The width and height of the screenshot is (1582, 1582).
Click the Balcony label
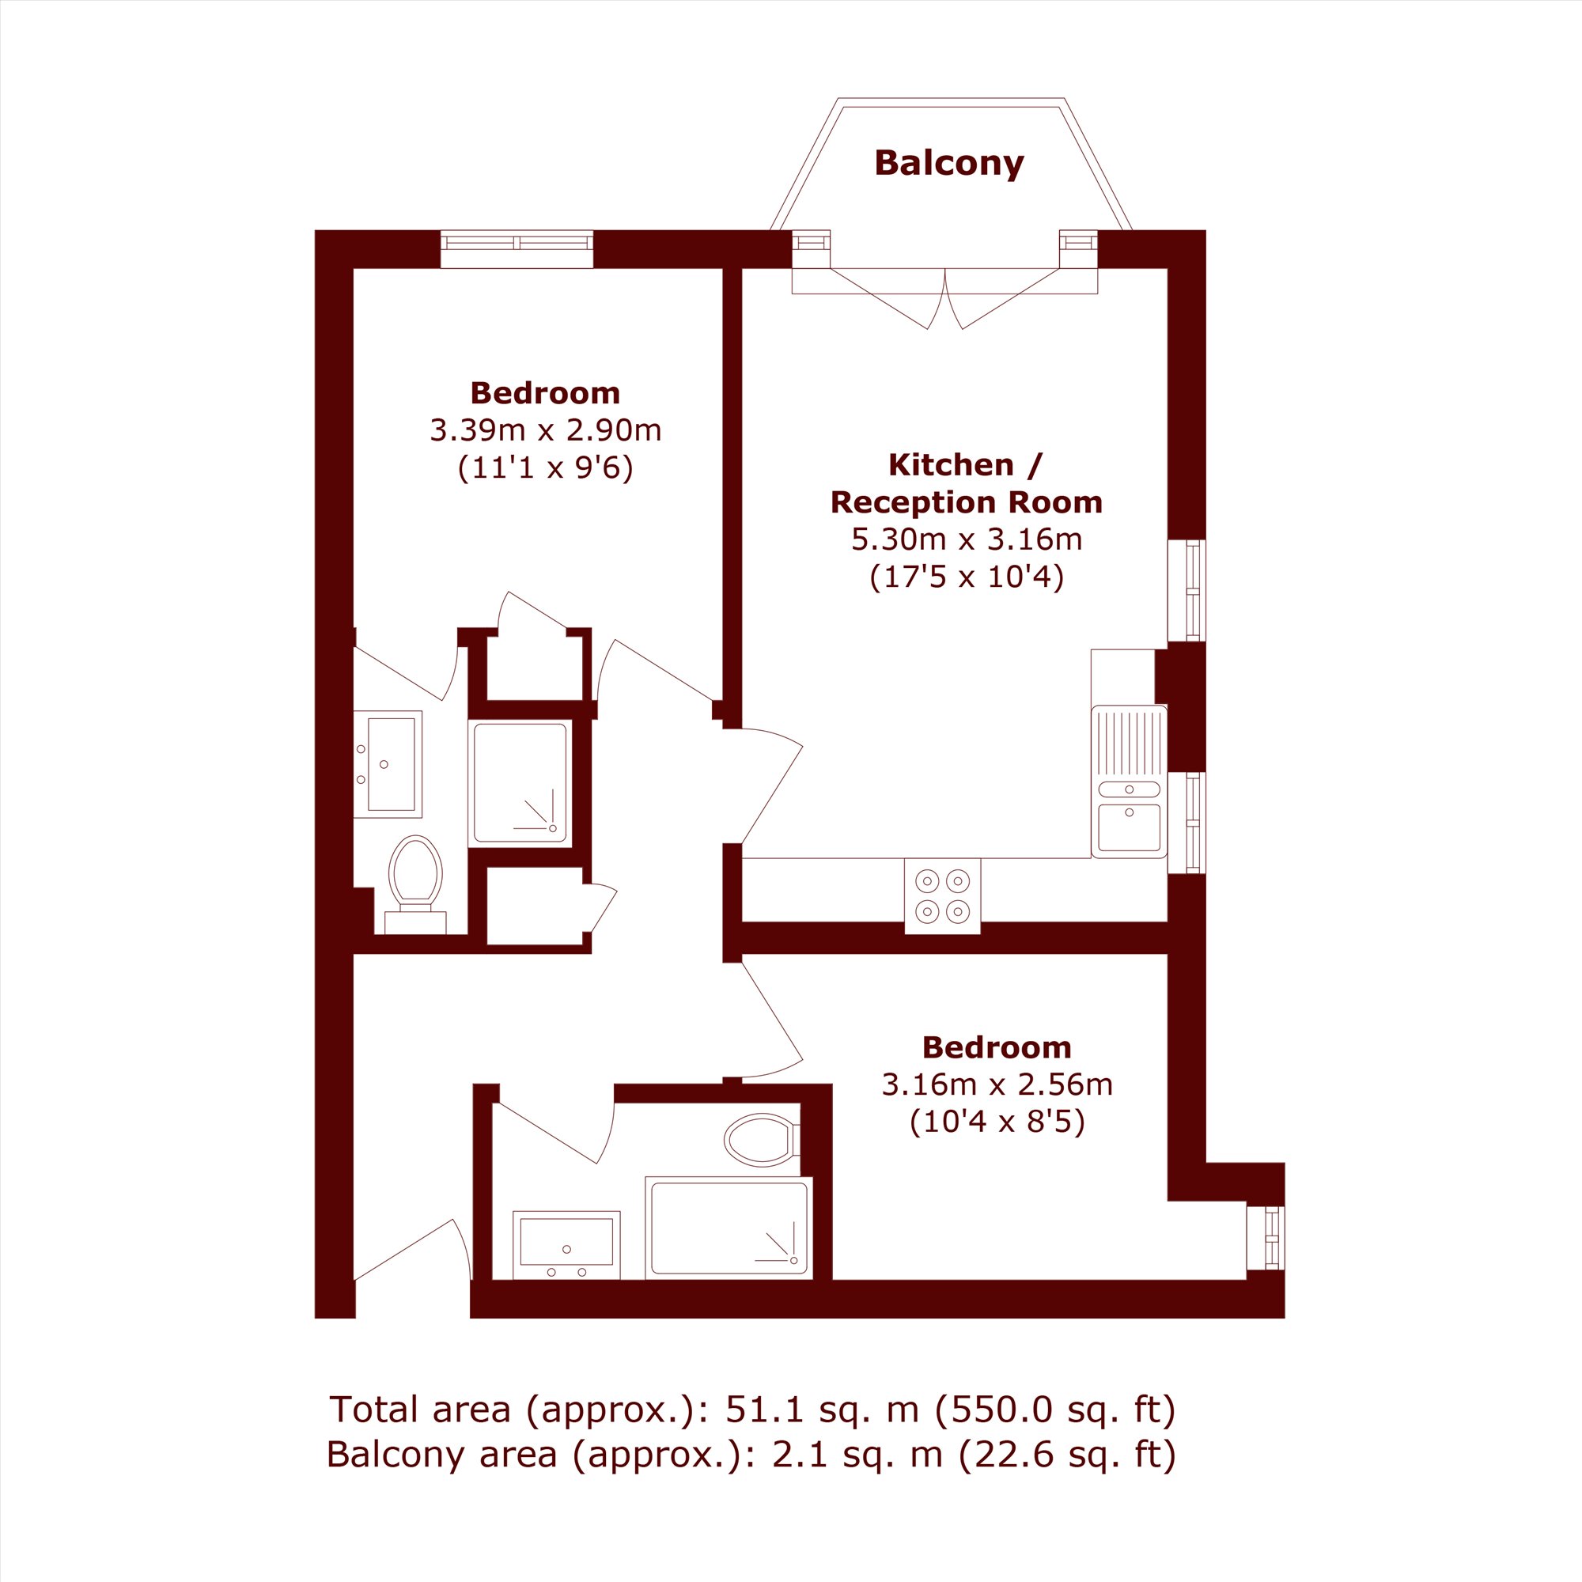[x=949, y=163]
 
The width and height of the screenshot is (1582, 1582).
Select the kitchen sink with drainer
[x=1130, y=782]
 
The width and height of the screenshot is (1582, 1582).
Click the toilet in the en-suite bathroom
[x=415, y=884]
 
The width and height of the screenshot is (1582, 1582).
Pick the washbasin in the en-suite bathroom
[x=388, y=764]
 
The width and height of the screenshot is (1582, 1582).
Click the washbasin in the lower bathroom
[x=566, y=1244]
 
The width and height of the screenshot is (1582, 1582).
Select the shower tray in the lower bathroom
[x=729, y=1228]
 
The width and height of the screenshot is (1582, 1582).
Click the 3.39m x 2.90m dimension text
[x=545, y=430]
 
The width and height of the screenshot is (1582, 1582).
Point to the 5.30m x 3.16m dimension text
[x=967, y=539]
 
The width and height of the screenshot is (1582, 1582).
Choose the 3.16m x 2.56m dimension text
[x=997, y=1084]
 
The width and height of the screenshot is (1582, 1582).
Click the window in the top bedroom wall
[x=517, y=248]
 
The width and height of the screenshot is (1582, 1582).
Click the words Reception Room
[x=967, y=502]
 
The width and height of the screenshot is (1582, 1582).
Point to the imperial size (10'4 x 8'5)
[x=997, y=1121]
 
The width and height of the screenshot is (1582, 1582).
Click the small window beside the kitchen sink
[x=1186, y=822]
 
